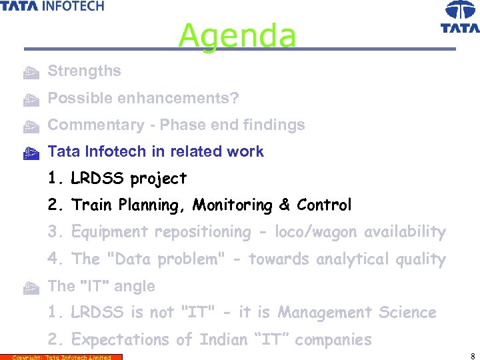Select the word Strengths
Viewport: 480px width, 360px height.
coord(85,71)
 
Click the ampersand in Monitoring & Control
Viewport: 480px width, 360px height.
coord(285,205)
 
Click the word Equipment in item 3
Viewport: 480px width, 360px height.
coord(111,232)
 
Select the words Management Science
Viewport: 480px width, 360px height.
coord(357,313)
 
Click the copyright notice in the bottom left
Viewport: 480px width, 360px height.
coord(61,357)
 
